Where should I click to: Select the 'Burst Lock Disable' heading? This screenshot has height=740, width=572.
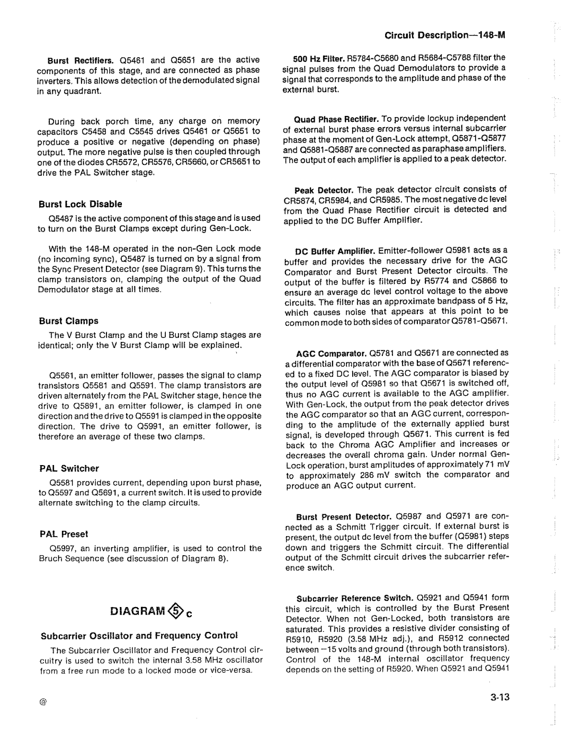[x=80, y=204]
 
